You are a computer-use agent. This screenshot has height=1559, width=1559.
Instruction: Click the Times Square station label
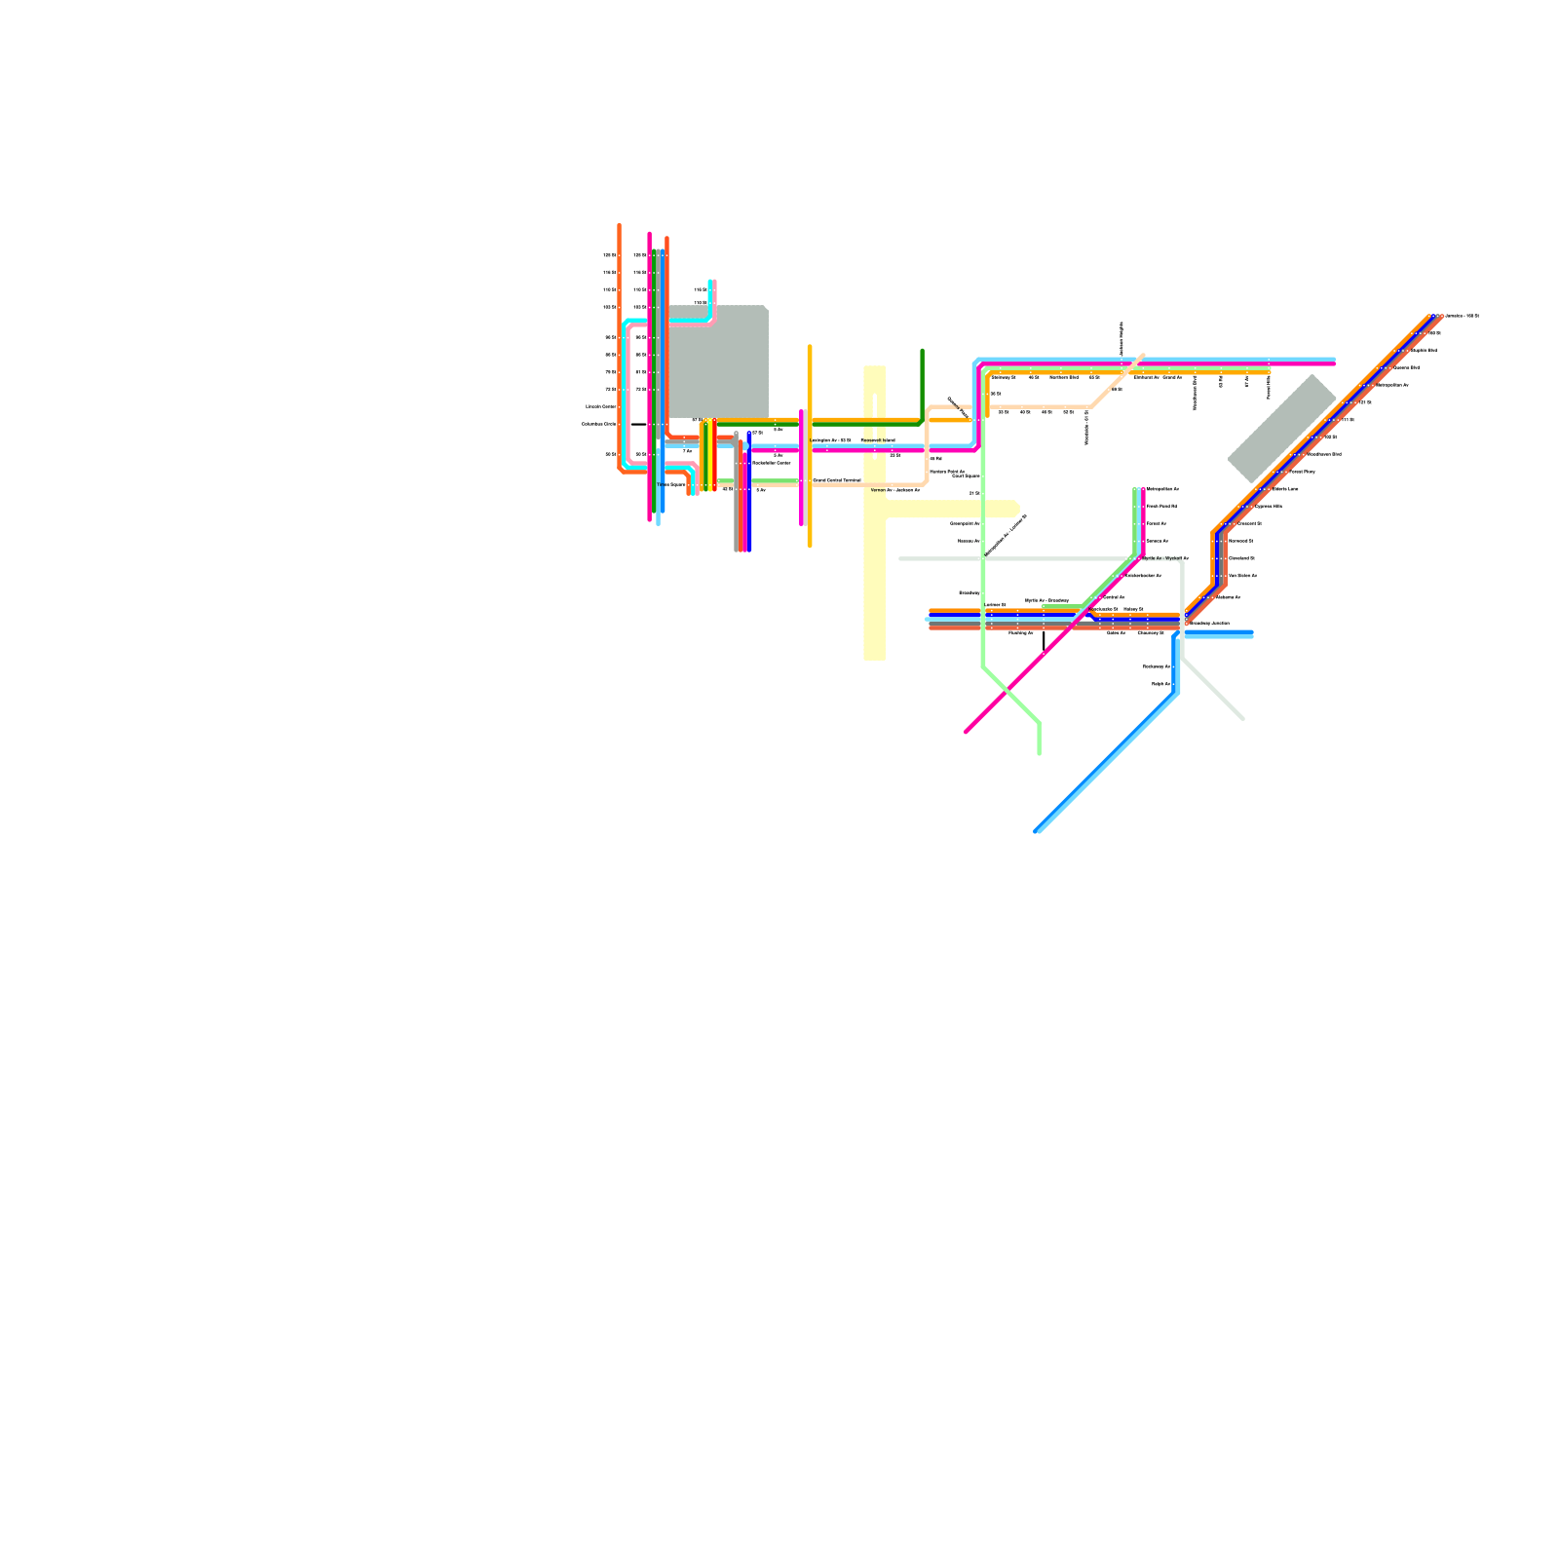(x=671, y=484)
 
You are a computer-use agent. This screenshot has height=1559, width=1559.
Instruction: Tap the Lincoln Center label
(x=600, y=406)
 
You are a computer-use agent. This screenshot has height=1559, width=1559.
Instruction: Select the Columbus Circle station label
(x=598, y=424)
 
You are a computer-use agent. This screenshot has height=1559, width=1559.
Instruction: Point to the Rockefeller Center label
(x=772, y=463)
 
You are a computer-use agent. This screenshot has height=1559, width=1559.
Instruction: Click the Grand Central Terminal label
(x=837, y=480)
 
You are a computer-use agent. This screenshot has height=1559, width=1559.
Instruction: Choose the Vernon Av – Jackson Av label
(x=894, y=490)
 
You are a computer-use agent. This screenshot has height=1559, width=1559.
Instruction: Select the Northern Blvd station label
(x=1064, y=377)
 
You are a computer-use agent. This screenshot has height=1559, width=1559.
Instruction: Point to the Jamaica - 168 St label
(x=1462, y=316)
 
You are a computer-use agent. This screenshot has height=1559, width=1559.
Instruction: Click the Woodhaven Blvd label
(x=1324, y=454)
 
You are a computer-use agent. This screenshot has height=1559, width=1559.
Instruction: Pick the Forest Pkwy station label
(x=1303, y=472)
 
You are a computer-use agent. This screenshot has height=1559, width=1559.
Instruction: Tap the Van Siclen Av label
(x=1242, y=576)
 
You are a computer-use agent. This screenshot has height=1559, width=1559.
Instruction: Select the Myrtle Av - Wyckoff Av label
(x=1165, y=558)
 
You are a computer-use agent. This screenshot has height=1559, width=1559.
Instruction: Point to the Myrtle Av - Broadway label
(x=1046, y=600)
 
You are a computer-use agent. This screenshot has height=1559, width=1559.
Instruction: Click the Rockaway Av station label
(x=1156, y=666)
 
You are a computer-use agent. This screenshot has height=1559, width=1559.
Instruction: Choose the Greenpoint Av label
(x=965, y=523)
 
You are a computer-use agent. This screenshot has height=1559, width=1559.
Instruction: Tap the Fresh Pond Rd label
(x=1161, y=507)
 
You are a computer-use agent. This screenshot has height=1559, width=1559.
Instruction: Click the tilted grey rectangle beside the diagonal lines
(x=1281, y=428)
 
